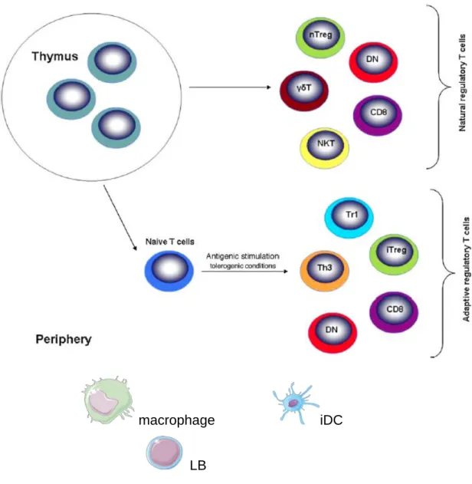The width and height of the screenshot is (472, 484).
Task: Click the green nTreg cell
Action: pos(320,38)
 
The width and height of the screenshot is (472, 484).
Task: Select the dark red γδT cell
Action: pos(304,91)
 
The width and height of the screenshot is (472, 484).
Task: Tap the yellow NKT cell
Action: pos(325,147)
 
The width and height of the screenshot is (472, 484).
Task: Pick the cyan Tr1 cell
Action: pos(349,218)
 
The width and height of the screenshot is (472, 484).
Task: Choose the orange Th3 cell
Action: pos(325,271)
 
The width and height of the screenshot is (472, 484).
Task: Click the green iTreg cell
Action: pos(394,254)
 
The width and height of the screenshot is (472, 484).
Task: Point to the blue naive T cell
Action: pos(169,271)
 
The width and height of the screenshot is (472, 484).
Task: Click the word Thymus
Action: pos(55,57)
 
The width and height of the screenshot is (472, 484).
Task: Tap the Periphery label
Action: pos(64,339)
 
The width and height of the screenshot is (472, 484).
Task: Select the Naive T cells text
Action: pos(170,242)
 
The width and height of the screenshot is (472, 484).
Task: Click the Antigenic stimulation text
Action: pos(243,256)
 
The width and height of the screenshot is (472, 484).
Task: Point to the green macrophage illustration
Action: pos(108,400)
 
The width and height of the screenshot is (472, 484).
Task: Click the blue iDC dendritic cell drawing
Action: pos(294,403)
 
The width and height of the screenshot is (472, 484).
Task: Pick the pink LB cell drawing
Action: pos(164,453)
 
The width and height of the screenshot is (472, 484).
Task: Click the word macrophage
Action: pos(177,420)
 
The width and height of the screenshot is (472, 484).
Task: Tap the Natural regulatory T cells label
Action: pos(462,83)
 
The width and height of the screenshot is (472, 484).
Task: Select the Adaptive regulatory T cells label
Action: pos(466,269)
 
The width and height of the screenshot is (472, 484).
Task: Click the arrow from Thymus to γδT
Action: pos(230,87)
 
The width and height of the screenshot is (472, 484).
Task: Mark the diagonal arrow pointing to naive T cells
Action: pos(120,218)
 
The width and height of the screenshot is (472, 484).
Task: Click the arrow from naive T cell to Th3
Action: pos(244,272)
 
